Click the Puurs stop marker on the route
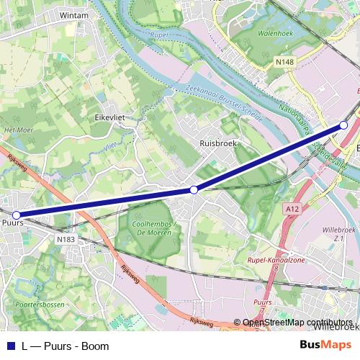16,215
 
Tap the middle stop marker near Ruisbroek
194,189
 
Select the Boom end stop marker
344,125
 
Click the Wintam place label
74,14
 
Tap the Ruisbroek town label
218,143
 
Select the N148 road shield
284,63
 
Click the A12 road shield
291,209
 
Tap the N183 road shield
64,238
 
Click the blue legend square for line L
9,346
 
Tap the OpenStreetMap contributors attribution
297,323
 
